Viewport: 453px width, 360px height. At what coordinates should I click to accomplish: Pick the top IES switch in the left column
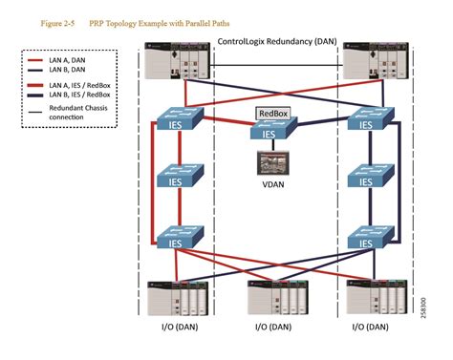click(175, 122)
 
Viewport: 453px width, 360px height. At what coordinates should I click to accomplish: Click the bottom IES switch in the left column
click(175, 239)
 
